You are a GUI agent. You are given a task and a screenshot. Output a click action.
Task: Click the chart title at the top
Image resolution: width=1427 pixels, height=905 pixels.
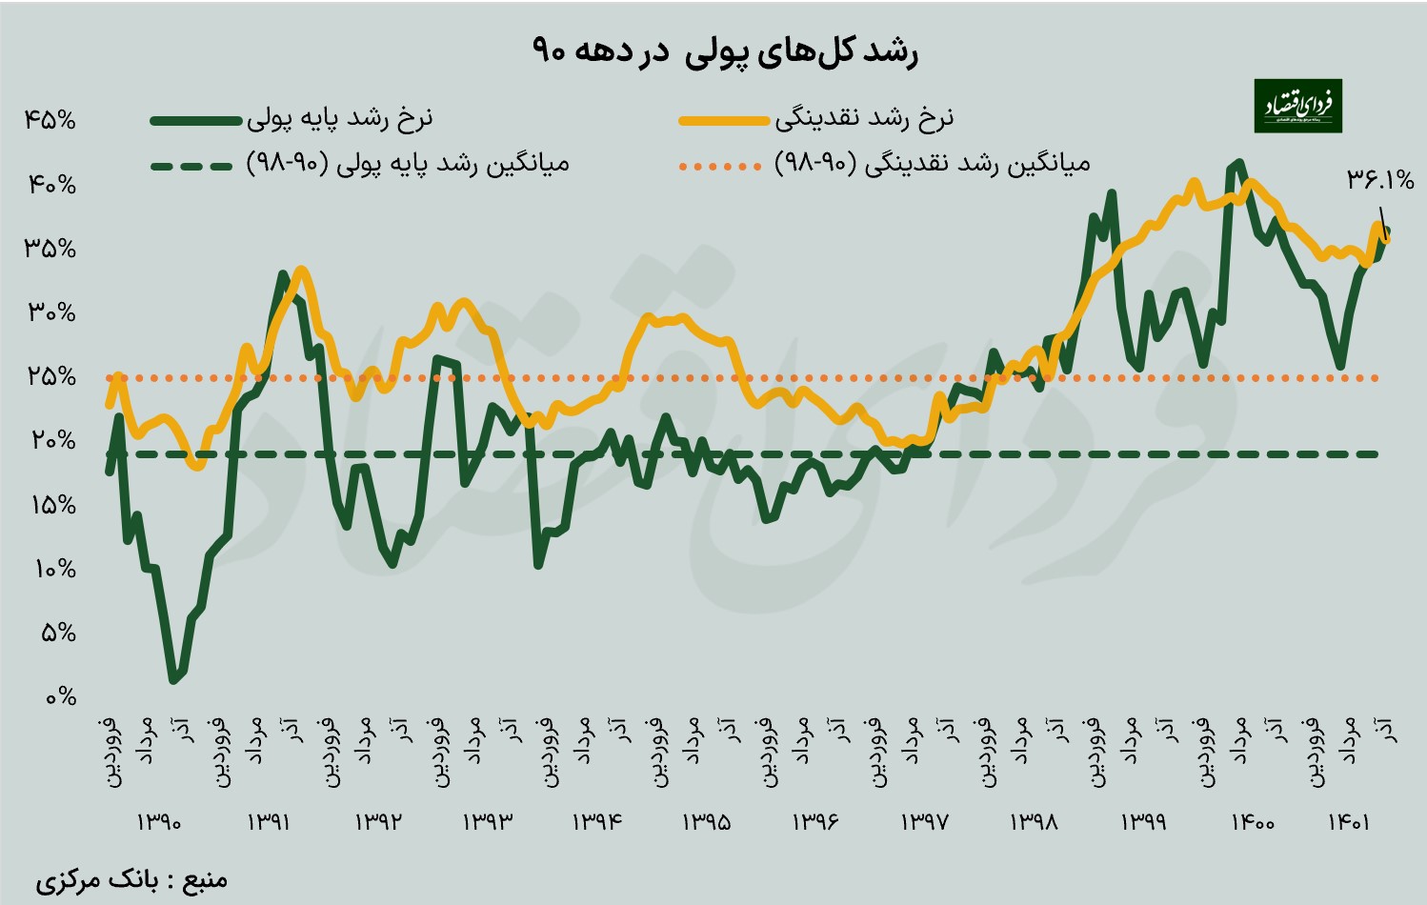coord(724,50)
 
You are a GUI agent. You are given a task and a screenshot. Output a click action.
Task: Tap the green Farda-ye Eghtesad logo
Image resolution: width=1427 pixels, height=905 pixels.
coord(1297,106)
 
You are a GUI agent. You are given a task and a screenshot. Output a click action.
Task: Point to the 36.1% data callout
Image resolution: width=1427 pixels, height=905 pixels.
coord(1379,179)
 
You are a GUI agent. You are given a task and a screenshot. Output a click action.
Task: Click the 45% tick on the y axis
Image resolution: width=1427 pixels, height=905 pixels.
coord(50,120)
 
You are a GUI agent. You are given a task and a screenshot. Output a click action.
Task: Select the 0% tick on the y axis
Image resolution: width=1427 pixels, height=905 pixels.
coord(60,696)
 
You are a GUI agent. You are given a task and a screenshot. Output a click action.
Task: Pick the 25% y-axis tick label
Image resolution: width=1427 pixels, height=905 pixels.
coord(50,376)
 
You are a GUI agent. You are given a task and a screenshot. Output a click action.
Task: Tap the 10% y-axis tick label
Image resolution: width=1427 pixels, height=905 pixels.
coord(54,569)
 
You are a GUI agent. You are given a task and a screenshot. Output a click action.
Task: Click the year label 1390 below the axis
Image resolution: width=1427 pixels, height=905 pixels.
coord(159,821)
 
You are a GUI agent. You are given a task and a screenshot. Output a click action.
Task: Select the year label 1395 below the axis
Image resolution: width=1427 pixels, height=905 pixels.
coord(706,821)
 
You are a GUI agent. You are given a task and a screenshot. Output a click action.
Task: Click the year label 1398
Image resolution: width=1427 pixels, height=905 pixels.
coord(1034,821)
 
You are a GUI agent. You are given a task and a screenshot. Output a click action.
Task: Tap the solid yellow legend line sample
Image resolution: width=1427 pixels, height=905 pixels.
coord(723,121)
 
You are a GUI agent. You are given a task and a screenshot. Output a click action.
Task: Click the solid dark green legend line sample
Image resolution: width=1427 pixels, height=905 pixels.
coord(195,121)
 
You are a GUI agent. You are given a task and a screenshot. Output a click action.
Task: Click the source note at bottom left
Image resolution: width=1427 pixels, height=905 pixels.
coord(131,878)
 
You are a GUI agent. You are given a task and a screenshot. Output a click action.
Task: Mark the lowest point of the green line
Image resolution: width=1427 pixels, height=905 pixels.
coord(173,679)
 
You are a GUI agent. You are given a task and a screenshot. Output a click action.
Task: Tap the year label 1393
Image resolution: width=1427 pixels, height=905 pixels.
coord(488,821)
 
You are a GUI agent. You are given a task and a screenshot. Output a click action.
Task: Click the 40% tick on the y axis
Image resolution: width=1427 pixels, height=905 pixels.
coord(50,185)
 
